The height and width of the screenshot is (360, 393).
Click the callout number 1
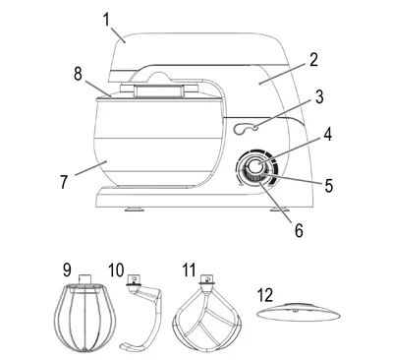106,20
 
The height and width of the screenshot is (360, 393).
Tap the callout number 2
313,60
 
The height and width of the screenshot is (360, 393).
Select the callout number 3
319,97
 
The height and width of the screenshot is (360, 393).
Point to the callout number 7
64,181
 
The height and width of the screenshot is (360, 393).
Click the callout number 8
78,74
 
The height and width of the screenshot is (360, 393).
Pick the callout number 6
299,230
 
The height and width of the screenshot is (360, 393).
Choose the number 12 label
265,295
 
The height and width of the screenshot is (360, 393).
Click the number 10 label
116,270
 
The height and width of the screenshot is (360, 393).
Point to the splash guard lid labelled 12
299,312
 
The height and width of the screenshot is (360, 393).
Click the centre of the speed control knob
255,167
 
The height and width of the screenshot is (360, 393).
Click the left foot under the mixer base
135,209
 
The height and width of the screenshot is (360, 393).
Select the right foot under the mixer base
280,209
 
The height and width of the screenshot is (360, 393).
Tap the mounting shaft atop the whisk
84,279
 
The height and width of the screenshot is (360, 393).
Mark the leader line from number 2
284,74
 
